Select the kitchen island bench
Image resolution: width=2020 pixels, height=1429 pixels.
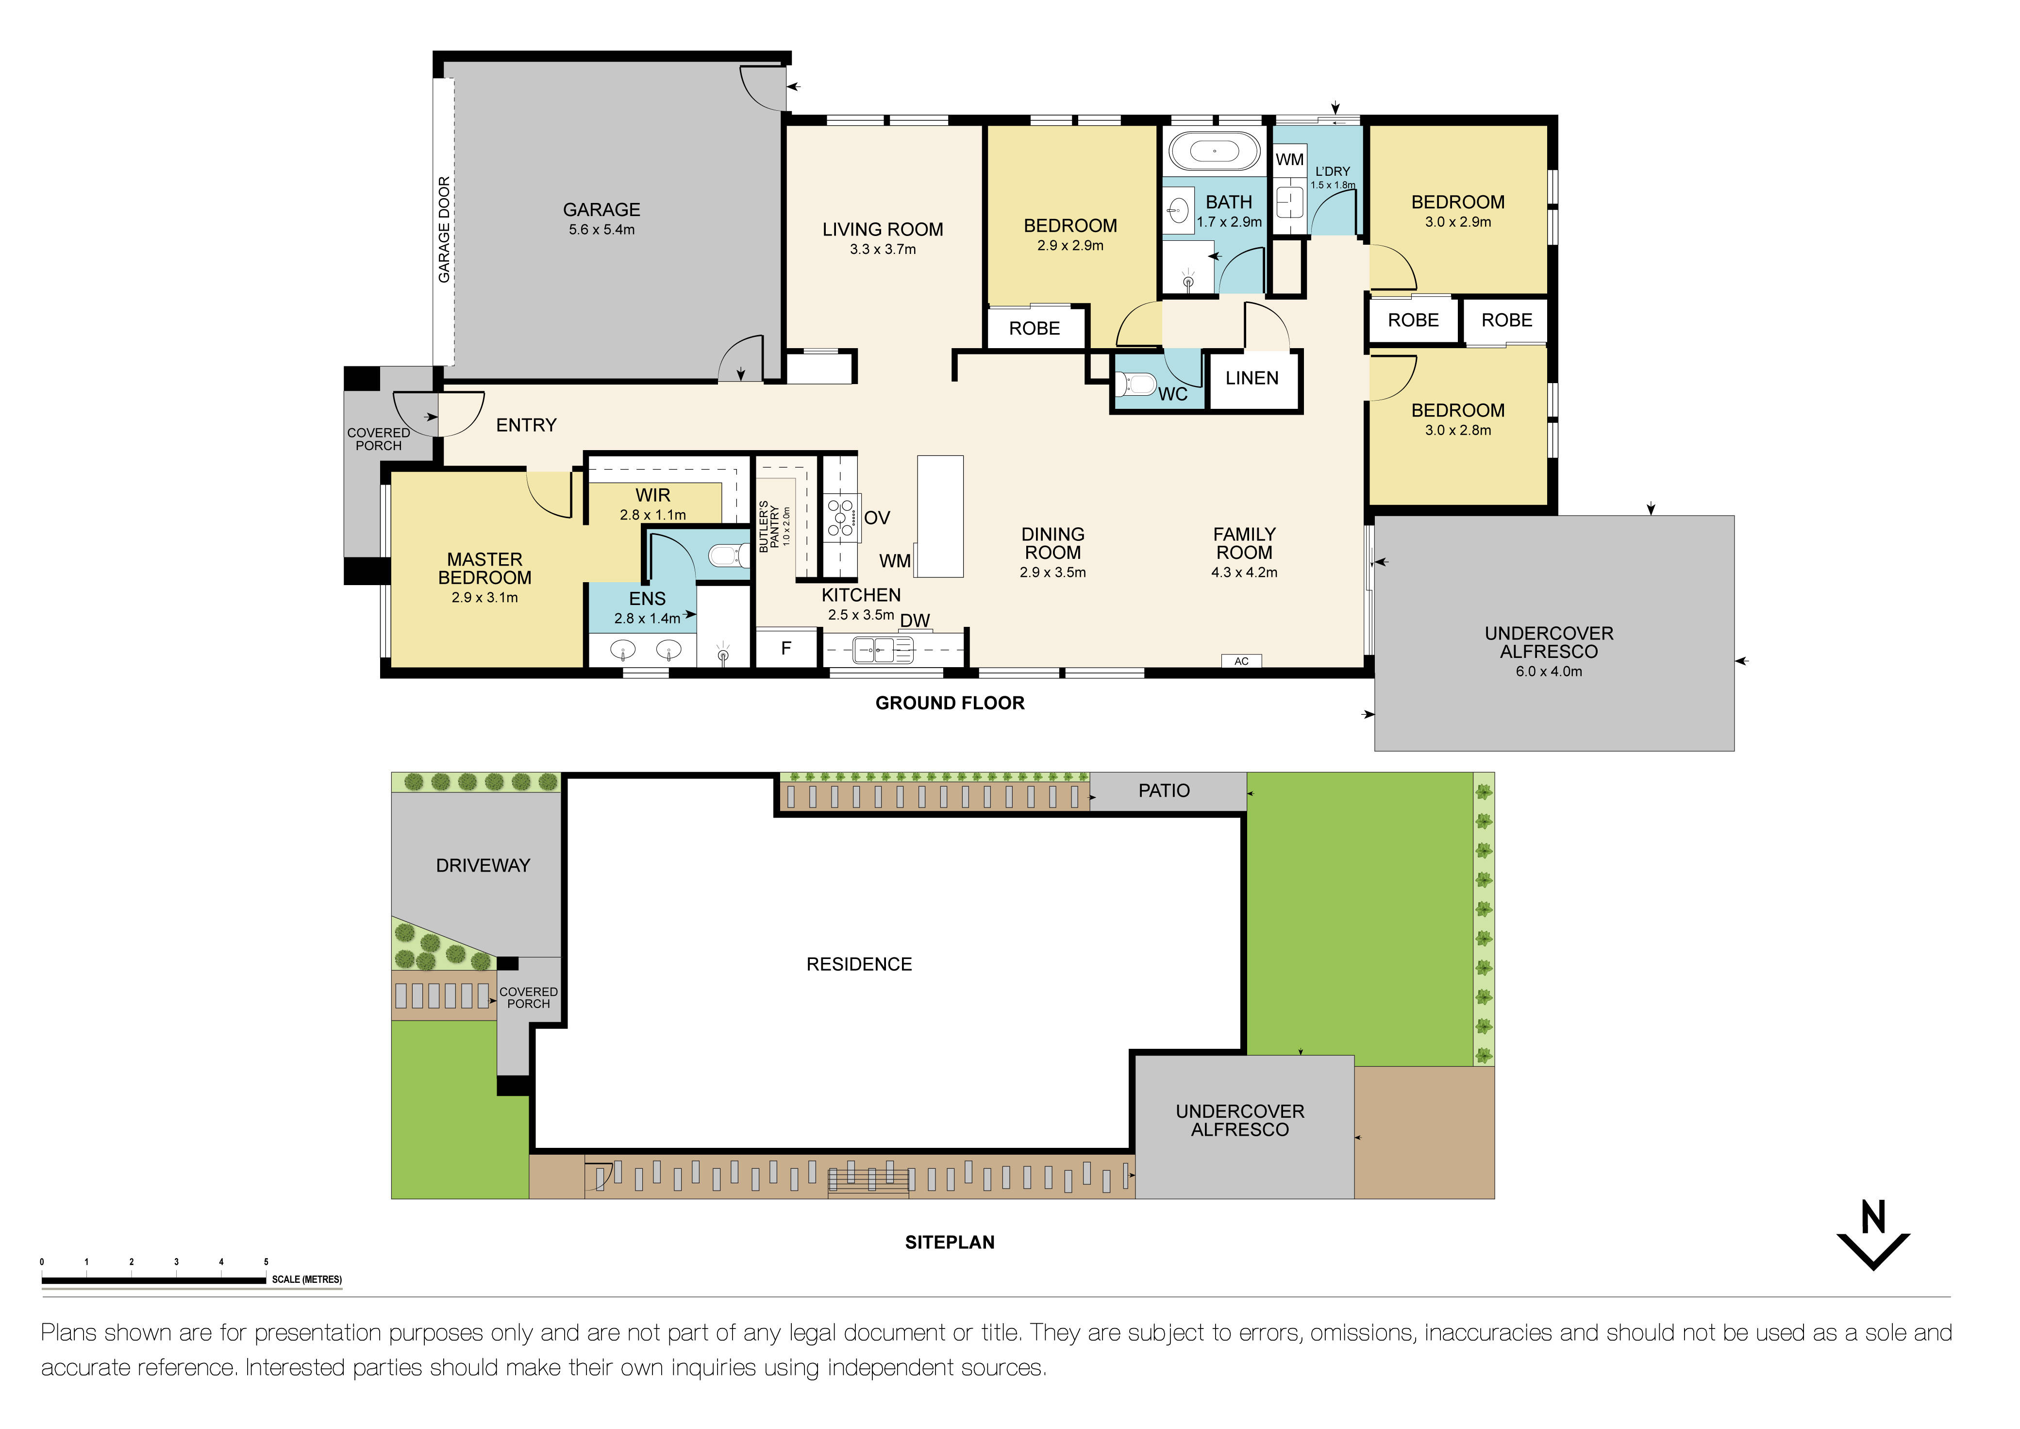[940, 517]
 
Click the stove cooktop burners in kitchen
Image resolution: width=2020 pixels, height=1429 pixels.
[840, 518]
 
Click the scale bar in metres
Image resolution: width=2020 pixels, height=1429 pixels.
[154, 1280]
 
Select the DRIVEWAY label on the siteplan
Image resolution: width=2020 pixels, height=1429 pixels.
[483, 866]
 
